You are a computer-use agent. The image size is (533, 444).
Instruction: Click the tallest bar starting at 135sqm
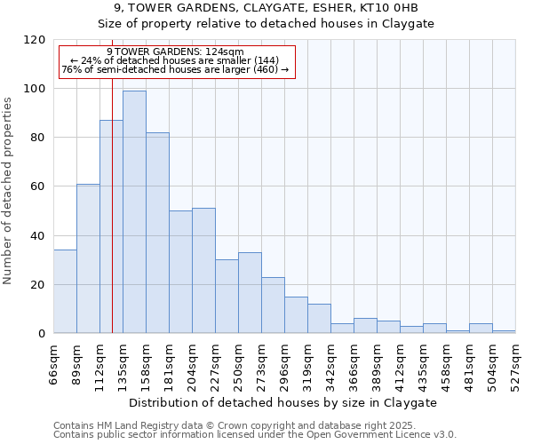134,212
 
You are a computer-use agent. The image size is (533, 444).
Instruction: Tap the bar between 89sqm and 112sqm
88,258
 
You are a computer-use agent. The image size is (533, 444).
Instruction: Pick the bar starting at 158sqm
157,233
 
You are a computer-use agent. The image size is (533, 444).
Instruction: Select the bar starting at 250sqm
250,293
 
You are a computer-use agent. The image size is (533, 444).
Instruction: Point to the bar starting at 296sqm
296,315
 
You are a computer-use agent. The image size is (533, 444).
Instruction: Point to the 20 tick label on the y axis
38,285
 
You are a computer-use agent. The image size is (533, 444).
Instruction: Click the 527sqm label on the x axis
515,364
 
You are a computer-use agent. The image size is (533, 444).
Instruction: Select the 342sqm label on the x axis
330,364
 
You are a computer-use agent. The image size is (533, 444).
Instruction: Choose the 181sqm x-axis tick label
169,364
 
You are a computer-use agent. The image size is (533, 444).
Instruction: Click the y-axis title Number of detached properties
8,191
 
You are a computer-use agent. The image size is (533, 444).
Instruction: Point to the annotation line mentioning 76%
175,69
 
